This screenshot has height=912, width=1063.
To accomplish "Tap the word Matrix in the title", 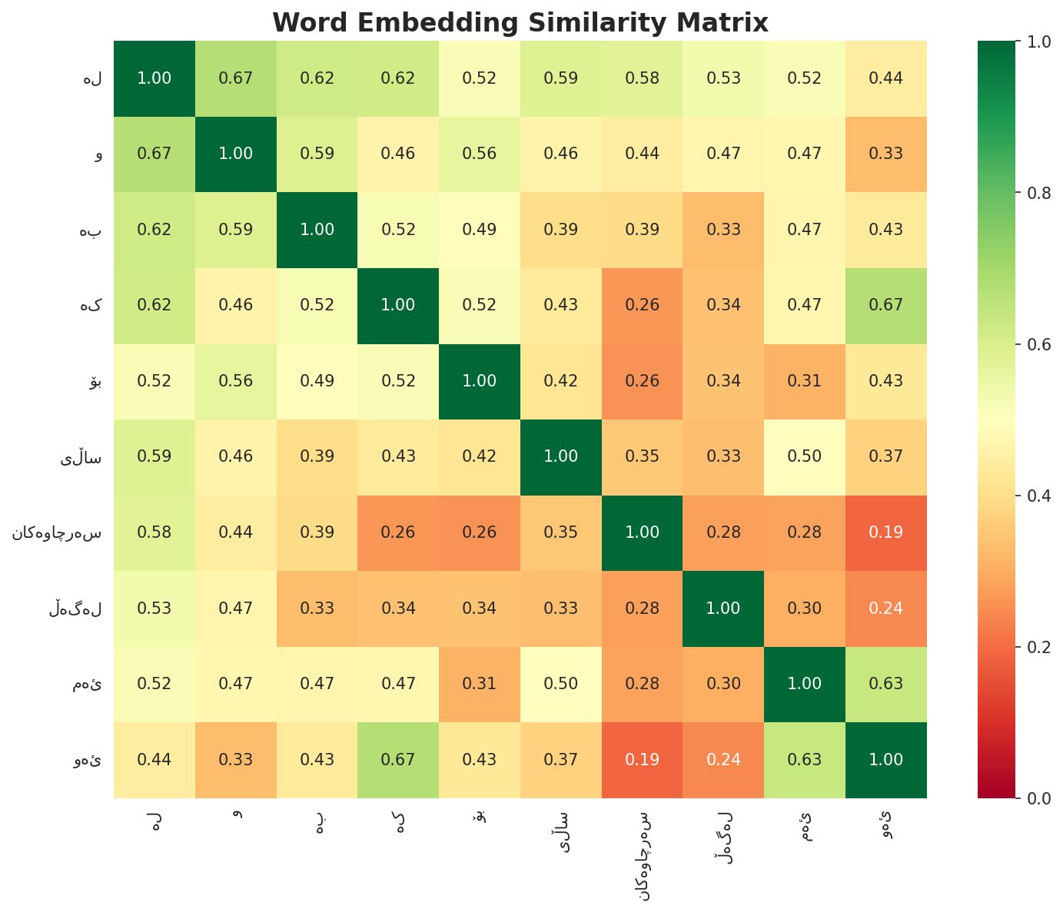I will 724,22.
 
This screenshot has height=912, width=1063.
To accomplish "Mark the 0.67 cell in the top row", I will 236,78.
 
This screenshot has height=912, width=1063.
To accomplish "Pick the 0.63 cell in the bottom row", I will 805,760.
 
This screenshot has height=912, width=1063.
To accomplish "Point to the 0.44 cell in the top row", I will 885,78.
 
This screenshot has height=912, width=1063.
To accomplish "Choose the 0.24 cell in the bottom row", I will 723,760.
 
